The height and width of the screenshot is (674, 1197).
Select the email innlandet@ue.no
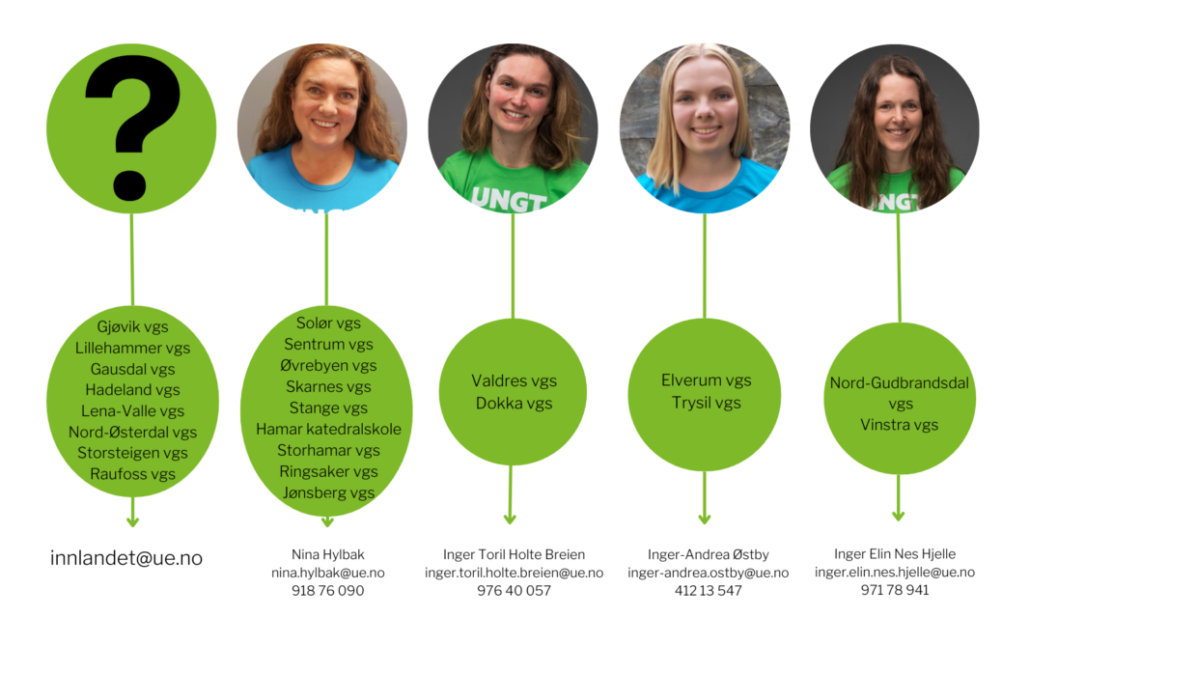click(x=126, y=558)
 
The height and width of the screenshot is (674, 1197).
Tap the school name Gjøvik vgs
click(x=133, y=326)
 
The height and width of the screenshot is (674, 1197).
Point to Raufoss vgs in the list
click(x=133, y=474)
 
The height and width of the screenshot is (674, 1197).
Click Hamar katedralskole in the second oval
click(x=328, y=429)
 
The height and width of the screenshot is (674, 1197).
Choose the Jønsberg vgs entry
click(x=328, y=492)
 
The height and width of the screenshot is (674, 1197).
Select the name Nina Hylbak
click(x=328, y=554)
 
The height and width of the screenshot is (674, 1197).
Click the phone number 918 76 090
click(x=328, y=590)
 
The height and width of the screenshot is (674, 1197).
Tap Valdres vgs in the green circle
click(x=515, y=380)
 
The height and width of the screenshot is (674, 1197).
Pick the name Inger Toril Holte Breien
click(x=515, y=554)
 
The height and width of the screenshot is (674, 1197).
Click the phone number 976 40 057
click(x=515, y=590)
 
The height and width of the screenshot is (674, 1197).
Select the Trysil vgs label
click(x=707, y=403)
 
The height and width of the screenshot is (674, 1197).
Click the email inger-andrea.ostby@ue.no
click(x=709, y=573)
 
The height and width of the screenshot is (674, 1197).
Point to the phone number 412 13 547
click(x=709, y=590)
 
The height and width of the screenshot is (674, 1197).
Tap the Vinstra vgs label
click(x=900, y=425)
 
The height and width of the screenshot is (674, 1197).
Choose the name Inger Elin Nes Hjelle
click(x=895, y=553)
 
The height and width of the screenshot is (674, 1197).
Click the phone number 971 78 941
click(x=895, y=589)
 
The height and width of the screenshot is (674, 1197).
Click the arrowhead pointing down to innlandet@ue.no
click(x=133, y=521)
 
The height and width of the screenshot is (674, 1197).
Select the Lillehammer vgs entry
click(x=133, y=348)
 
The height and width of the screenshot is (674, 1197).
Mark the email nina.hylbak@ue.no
click(x=328, y=573)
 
